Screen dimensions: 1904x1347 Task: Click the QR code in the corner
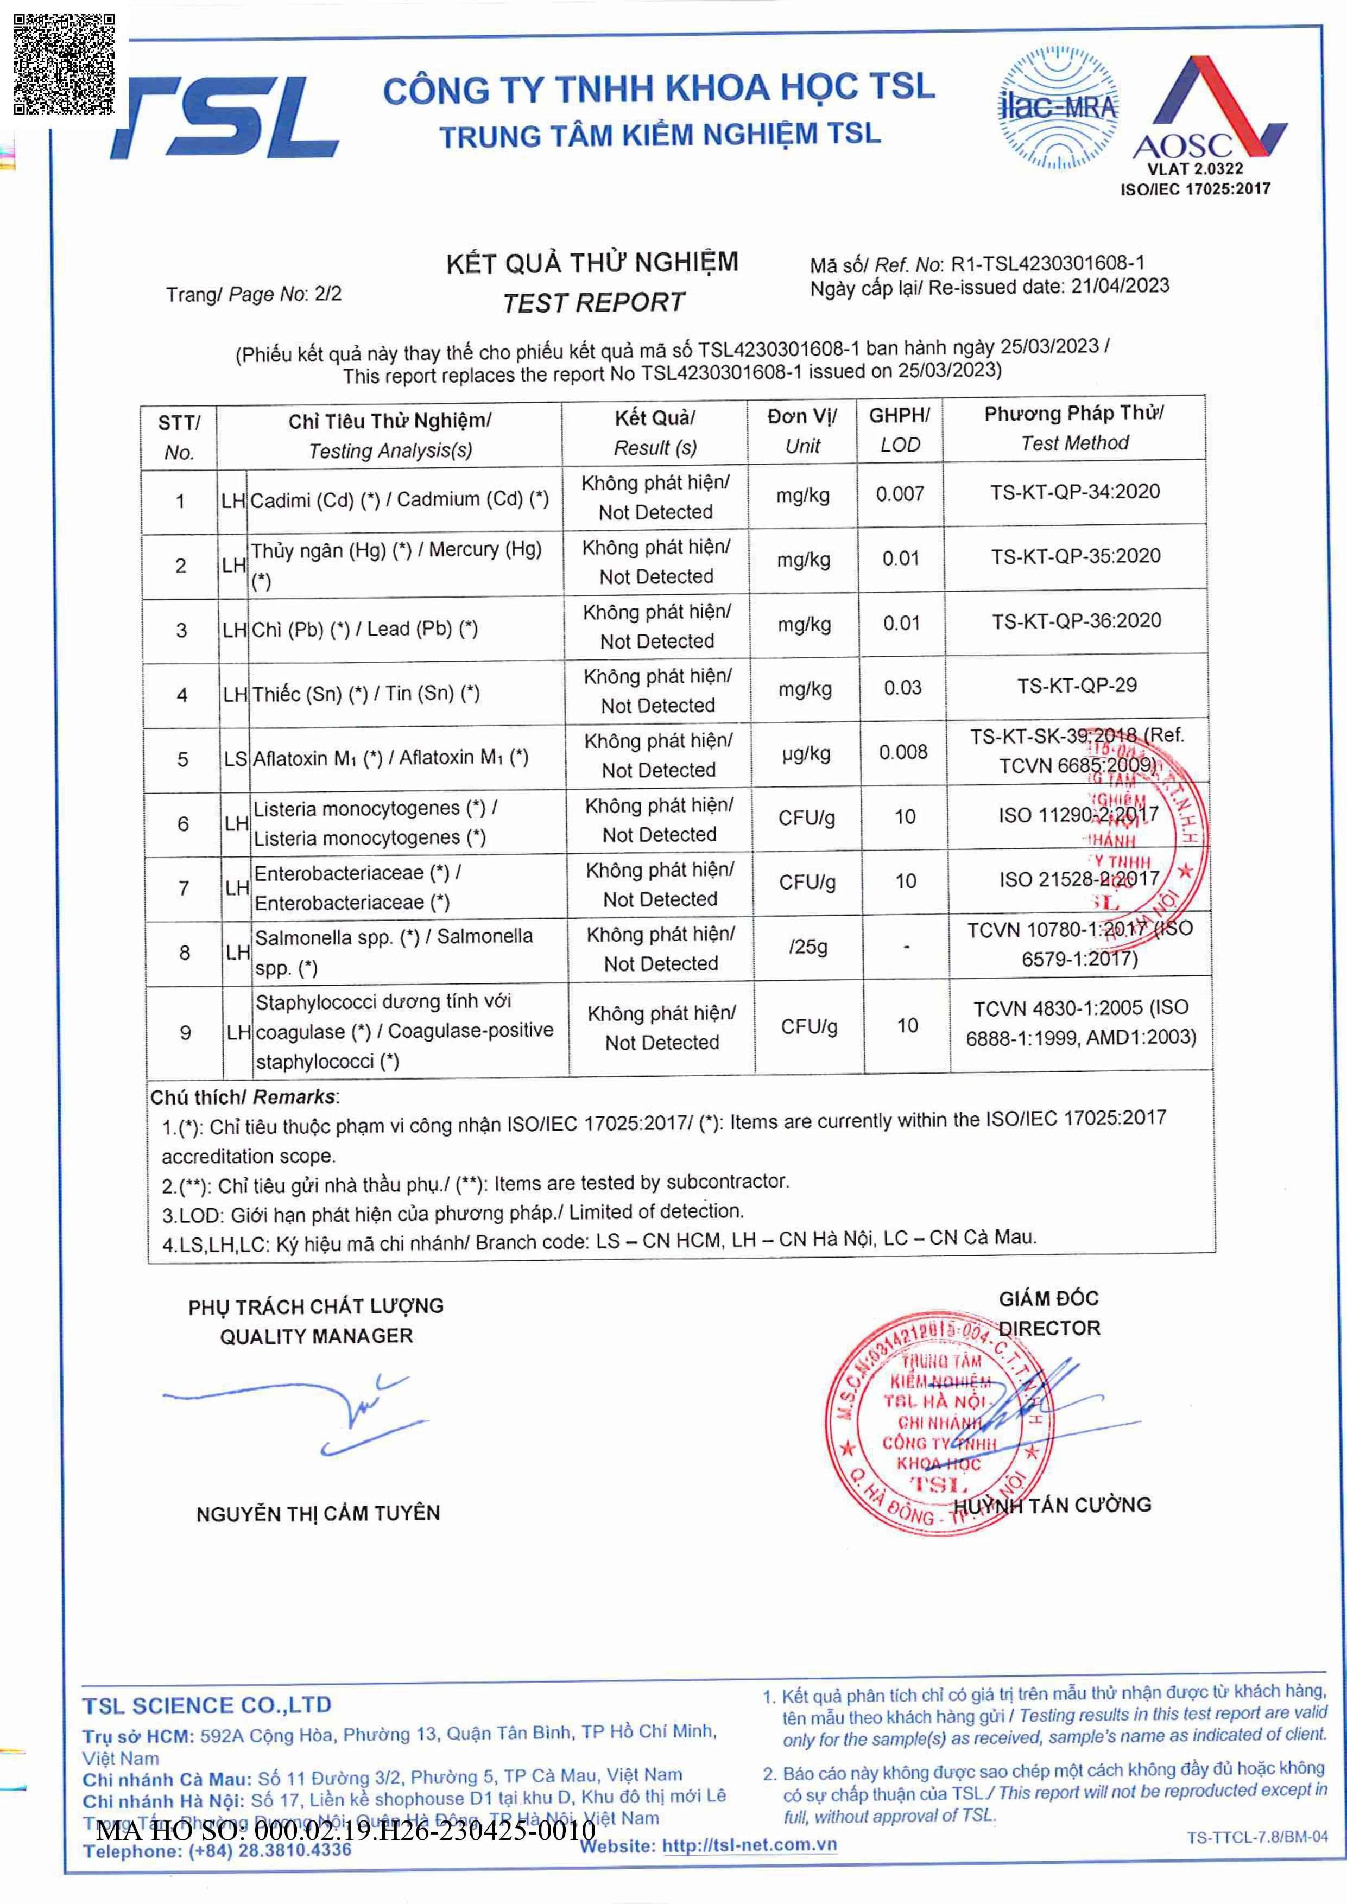[x=64, y=64]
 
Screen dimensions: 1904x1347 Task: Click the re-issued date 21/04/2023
[x=1120, y=286]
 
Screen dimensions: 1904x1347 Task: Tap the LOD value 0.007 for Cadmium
[x=900, y=494]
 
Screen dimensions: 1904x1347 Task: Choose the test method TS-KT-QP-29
[x=1077, y=686]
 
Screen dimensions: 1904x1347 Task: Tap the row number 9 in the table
[x=185, y=1032]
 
